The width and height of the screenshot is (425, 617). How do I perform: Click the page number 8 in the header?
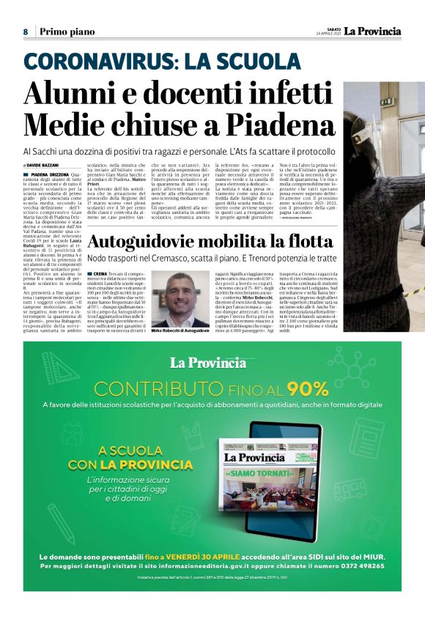[x=26, y=32]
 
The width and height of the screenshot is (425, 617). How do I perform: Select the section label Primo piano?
[x=67, y=32]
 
